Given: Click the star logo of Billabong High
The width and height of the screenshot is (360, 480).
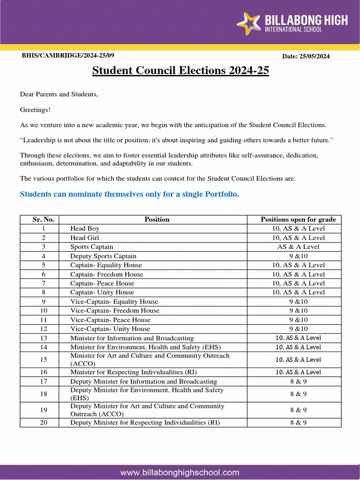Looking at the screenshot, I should (248, 24).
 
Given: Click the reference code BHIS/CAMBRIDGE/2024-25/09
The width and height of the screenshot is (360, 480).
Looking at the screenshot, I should (68, 56).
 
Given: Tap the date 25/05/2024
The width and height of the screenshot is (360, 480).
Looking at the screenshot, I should (306, 56).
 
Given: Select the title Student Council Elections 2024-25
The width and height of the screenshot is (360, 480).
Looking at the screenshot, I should (180, 71).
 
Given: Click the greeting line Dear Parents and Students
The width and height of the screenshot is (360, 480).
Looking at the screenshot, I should (59, 94).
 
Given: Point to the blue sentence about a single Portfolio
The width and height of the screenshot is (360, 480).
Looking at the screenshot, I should (129, 194).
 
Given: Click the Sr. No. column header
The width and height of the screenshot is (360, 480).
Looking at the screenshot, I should (44, 219).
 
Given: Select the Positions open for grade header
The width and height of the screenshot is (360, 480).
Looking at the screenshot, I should (298, 219).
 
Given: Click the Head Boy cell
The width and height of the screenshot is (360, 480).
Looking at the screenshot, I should (85, 228).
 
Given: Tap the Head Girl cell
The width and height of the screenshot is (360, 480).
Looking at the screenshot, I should (85, 238).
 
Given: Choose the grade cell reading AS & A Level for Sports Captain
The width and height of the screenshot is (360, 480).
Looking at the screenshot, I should (298, 247).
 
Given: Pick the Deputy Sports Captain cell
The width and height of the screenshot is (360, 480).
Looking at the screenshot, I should (103, 256).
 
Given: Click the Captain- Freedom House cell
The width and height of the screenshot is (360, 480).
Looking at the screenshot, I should (106, 274).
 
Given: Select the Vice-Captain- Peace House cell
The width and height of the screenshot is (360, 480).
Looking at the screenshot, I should (110, 320).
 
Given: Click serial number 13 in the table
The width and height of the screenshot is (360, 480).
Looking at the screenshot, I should (44, 338).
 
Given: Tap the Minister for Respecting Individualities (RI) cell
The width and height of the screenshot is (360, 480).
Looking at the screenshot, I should (133, 372).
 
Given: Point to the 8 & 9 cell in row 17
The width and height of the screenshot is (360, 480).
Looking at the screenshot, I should (298, 382).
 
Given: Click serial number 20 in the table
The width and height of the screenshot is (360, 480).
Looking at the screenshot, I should (44, 422).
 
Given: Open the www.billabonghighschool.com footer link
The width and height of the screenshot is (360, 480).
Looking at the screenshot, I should (180, 472).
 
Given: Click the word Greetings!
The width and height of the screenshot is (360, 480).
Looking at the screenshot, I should (35, 110).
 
